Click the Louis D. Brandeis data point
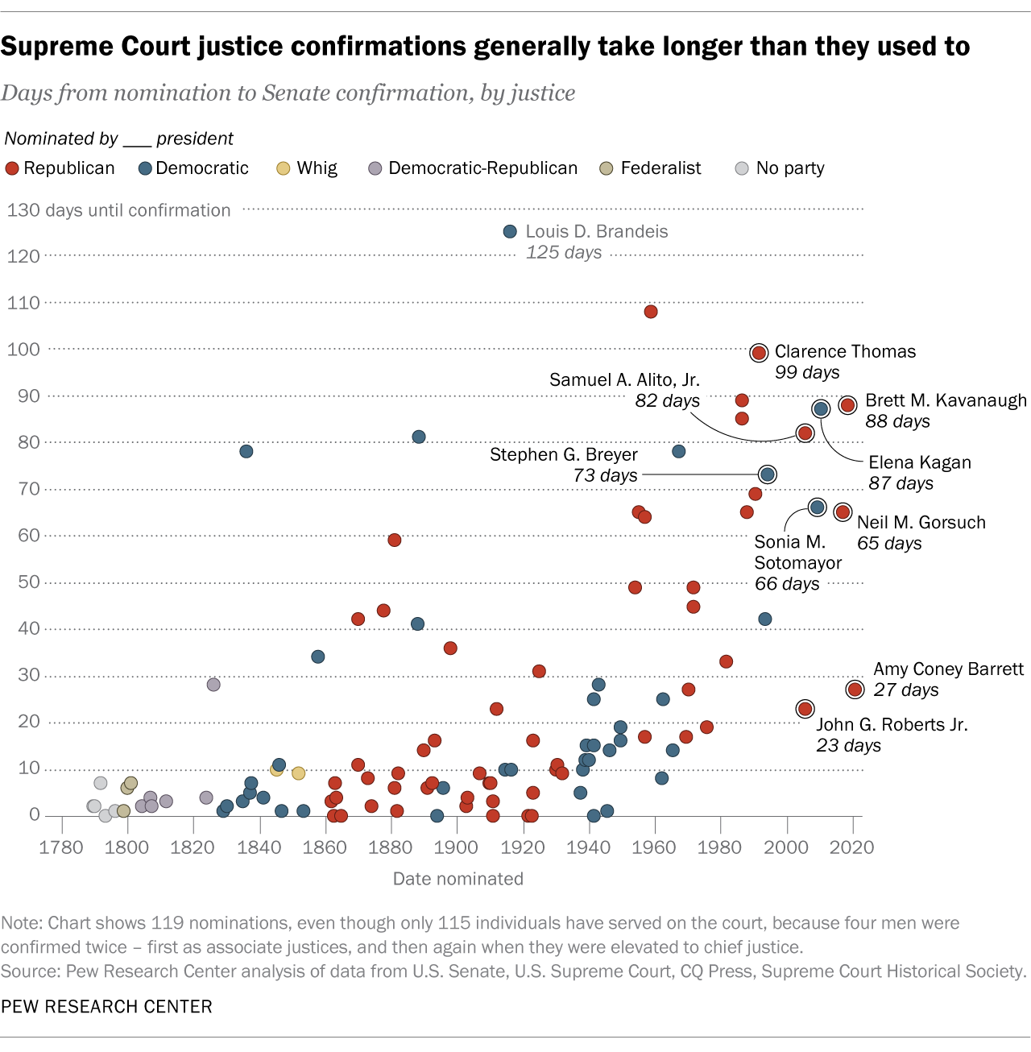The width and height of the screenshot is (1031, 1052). [510, 232]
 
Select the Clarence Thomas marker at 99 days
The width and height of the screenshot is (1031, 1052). [759, 353]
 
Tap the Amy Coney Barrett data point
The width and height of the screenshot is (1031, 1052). [855, 690]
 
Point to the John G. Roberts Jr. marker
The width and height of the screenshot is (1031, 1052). [805, 709]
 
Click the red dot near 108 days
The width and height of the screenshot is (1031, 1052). [651, 312]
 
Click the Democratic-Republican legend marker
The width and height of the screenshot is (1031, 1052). [375, 168]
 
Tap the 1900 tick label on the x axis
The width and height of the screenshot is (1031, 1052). [457, 847]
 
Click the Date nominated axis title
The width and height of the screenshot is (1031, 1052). [458, 879]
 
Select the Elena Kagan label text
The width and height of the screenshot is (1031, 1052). [920, 462]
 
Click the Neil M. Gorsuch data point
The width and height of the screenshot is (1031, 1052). [843, 512]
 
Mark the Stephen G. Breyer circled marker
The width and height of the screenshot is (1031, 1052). [768, 474]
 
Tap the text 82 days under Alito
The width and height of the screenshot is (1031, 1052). [667, 400]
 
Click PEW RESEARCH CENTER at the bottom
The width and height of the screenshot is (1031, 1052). [106, 1007]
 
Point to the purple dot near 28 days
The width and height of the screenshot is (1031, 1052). [213, 685]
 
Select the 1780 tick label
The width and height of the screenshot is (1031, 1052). [61, 847]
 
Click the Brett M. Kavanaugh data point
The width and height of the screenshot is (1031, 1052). [847, 405]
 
